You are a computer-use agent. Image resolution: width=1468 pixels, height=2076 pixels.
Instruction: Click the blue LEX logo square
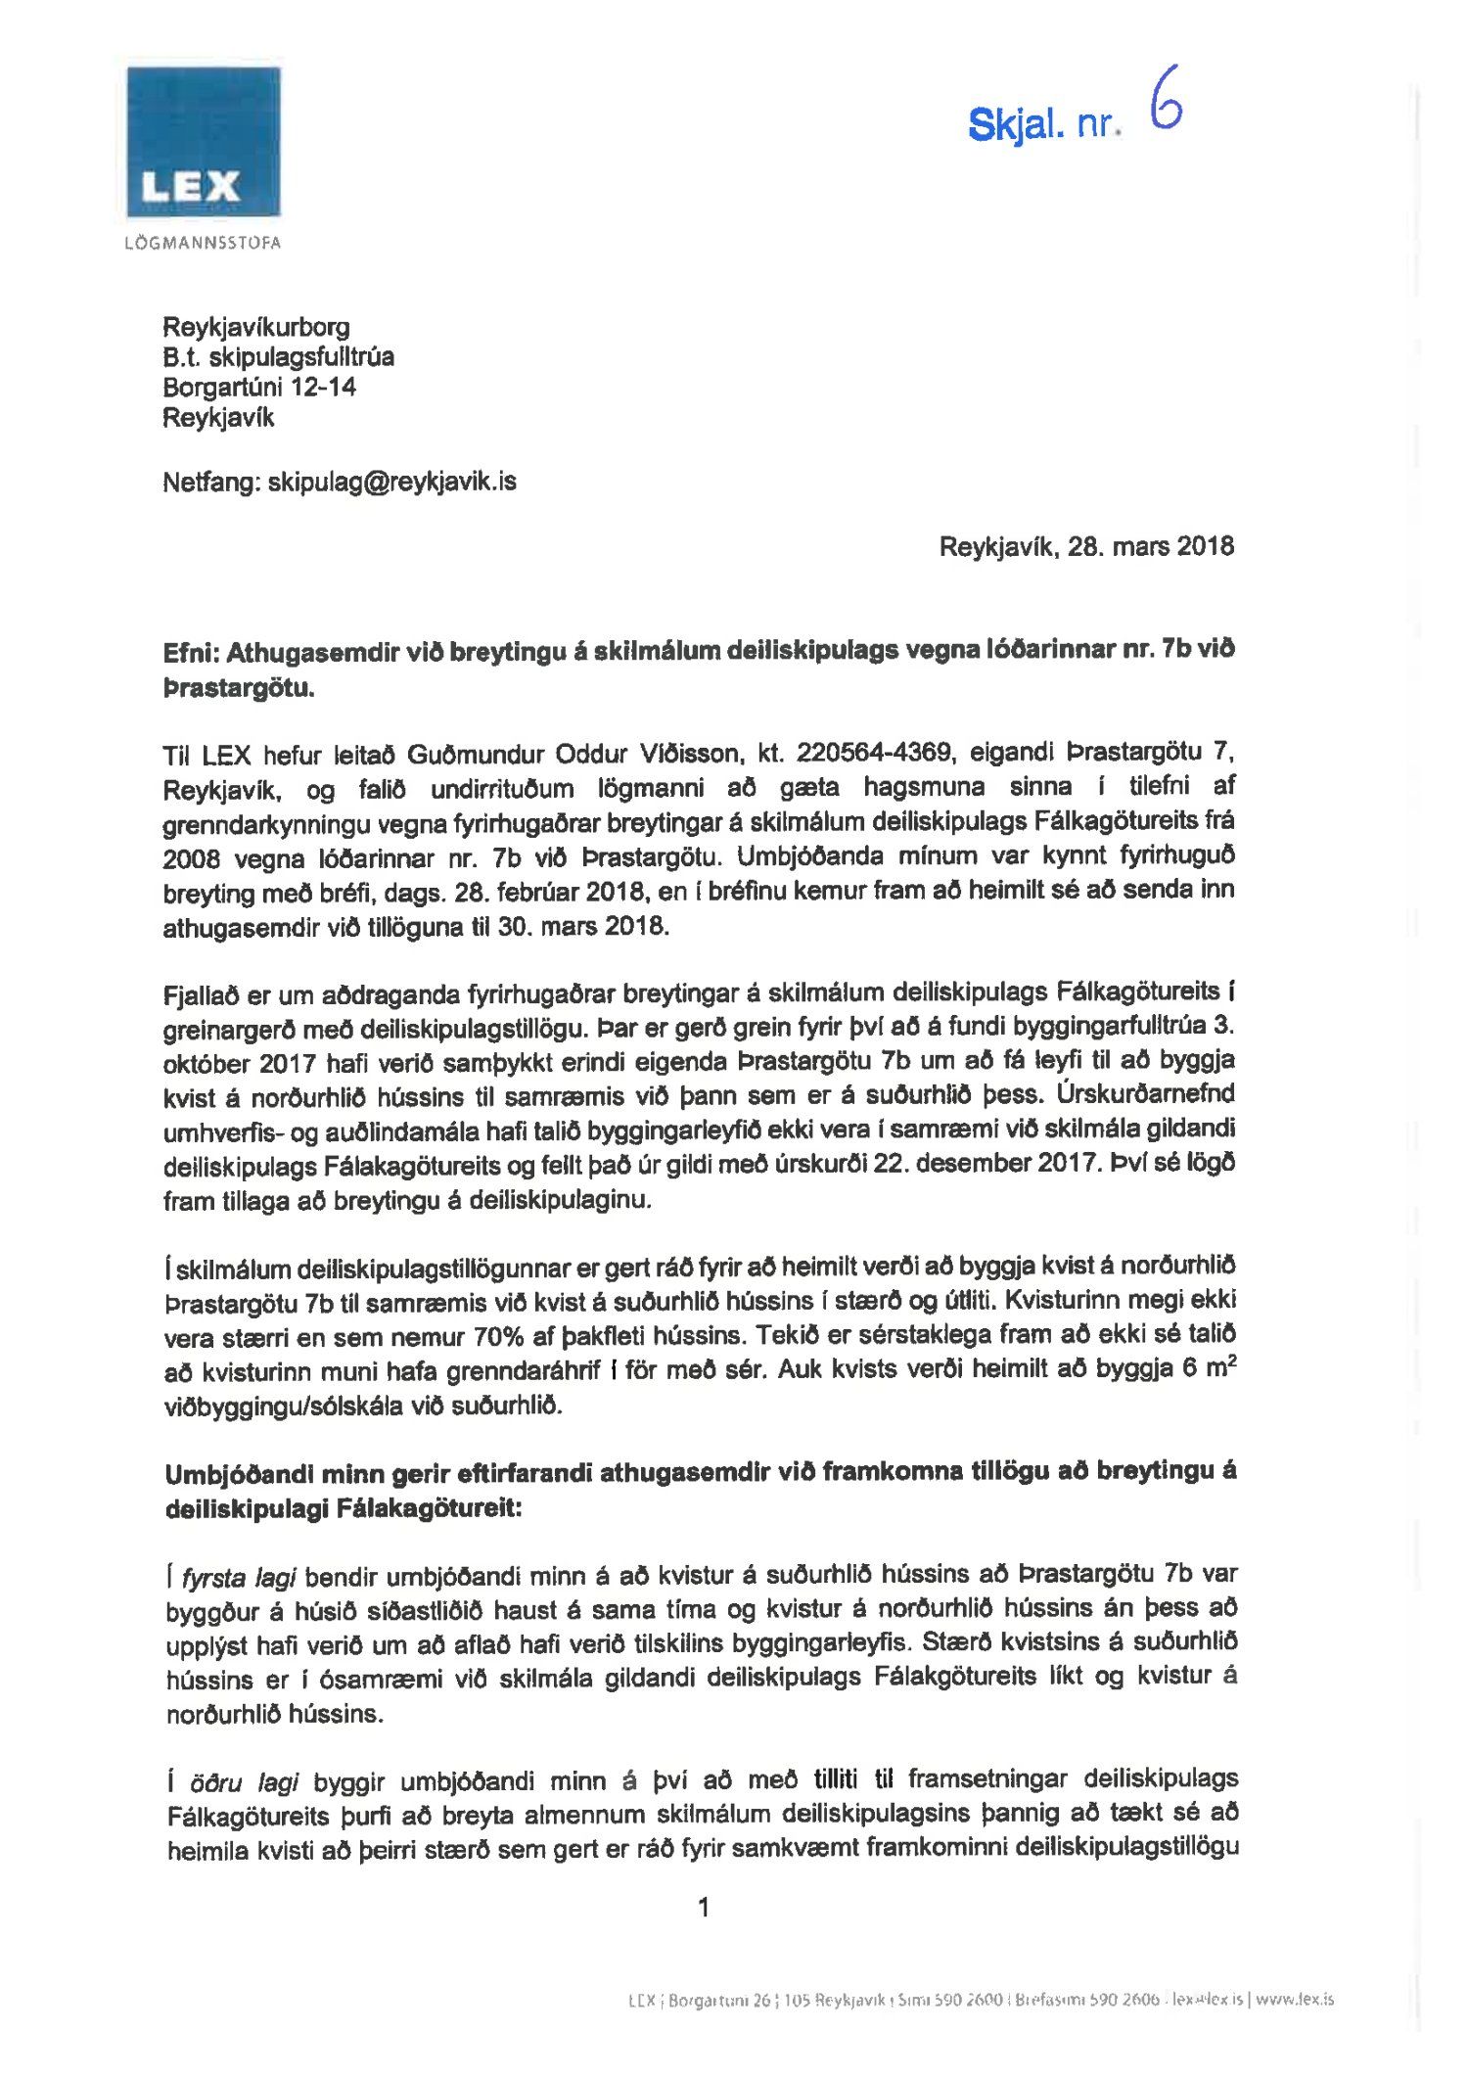pyautogui.click(x=204, y=141)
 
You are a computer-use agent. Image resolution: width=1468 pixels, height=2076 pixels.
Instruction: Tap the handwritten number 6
pyautogui.click(x=1166, y=100)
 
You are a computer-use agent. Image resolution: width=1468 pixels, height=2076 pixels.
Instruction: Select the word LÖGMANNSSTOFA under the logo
pyautogui.click(x=204, y=243)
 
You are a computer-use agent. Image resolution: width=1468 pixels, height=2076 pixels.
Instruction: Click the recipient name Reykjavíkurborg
pyautogui.click(x=256, y=327)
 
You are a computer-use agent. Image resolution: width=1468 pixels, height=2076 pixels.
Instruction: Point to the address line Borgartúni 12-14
pyautogui.click(x=259, y=388)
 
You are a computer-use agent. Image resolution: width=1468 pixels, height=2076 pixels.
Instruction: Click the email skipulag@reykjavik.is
pyautogui.click(x=391, y=482)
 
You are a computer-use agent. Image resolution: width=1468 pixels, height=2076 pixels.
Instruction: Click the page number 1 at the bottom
pyautogui.click(x=703, y=1907)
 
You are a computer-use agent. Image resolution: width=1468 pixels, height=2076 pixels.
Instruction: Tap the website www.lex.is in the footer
pyautogui.click(x=1294, y=2000)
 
